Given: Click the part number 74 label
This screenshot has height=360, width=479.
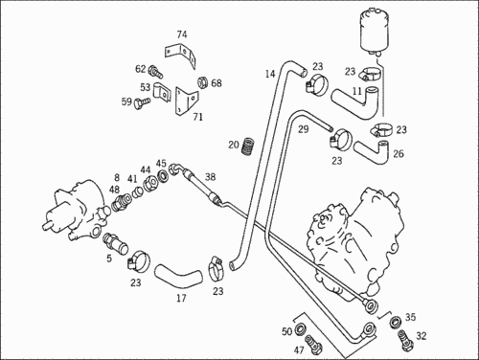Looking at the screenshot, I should pyautogui.click(x=182, y=34).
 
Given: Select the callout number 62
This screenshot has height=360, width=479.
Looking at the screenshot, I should pyautogui.click(x=141, y=69).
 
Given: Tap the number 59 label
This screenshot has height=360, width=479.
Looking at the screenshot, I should pyautogui.click(x=125, y=101).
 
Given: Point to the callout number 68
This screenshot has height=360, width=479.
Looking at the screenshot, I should pyautogui.click(x=216, y=83).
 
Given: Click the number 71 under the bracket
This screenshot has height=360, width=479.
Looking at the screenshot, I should pyautogui.click(x=197, y=117).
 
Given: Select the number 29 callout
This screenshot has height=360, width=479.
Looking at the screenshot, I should pyautogui.click(x=302, y=127).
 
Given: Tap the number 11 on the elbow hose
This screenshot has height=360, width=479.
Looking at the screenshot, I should pyautogui.click(x=357, y=92).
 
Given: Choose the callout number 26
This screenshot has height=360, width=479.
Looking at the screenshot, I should pyautogui.click(x=398, y=153).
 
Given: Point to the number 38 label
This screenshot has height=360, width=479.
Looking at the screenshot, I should pyautogui.click(x=210, y=177).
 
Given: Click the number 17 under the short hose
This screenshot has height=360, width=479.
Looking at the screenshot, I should pyautogui.click(x=180, y=298).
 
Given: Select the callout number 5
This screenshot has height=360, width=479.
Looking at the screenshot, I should pyautogui.click(x=109, y=258).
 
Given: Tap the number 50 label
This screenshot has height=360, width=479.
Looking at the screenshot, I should pyautogui.click(x=286, y=331).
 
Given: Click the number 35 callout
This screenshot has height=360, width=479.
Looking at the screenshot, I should pyautogui.click(x=410, y=317).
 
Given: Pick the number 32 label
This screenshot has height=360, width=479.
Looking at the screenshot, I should pyautogui.click(x=421, y=337).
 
